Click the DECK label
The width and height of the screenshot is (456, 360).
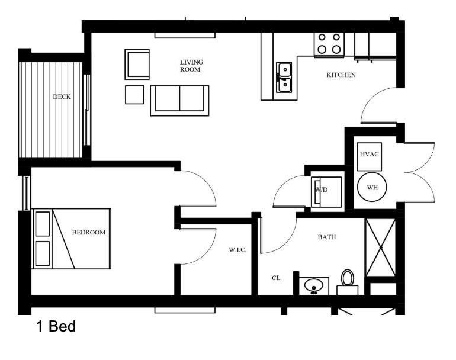pos(62,97)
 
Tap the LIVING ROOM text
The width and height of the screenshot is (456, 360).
pos(191,66)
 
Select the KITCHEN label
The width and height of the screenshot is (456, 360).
pos(341,75)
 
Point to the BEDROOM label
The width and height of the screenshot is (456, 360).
pos(89,233)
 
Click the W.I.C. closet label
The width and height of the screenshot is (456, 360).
pos(237,250)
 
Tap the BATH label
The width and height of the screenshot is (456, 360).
pos(327,237)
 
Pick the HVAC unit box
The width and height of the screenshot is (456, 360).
pos(369,155)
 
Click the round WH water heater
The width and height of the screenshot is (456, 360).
pos(372,187)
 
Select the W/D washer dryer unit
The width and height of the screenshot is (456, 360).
pos(326,191)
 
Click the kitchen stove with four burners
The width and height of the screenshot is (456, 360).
pos(329,43)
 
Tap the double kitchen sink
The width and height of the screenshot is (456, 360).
pos(284,78)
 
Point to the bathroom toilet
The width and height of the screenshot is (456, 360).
pos(348,281)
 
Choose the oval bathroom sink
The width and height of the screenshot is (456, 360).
pos(313,286)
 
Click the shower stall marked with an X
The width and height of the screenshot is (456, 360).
pos(380,247)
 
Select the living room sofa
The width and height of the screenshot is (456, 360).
pos(179,99)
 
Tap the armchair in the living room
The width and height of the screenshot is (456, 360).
pos(137,64)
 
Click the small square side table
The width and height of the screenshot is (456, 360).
pos(134,95)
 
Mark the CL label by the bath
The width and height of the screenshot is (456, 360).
pos(276,277)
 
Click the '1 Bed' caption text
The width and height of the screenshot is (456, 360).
pos(56,326)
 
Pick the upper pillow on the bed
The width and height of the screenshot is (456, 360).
pos(43,224)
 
